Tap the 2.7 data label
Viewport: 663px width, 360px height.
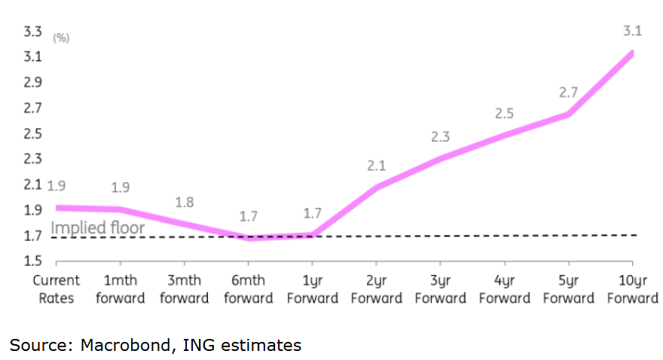click(567, 93)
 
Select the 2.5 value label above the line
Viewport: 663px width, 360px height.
click(504, 114)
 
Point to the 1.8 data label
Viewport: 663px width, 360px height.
click(185, 202)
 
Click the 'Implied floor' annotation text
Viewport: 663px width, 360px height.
click(97, 228)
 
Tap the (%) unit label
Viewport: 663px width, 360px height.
click(60, 38)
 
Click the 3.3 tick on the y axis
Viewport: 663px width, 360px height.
click(32, 32)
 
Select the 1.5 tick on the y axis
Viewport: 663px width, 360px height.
click(32, 261)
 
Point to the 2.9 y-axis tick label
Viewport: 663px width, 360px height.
click(32, 83)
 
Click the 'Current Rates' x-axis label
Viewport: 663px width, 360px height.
click(57, 289)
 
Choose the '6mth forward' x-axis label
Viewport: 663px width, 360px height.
click(249, 289)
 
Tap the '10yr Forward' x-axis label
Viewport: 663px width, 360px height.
click(632, 289)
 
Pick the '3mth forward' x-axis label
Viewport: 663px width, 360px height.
click(185, 289)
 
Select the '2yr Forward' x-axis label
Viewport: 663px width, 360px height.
click(377, 289)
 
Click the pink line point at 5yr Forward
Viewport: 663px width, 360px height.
click(568, 114)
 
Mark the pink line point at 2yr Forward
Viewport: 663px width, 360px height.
click(377, 186)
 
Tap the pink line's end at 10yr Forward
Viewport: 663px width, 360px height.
click(632, 53)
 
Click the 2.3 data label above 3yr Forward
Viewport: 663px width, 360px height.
click(440, 136)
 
